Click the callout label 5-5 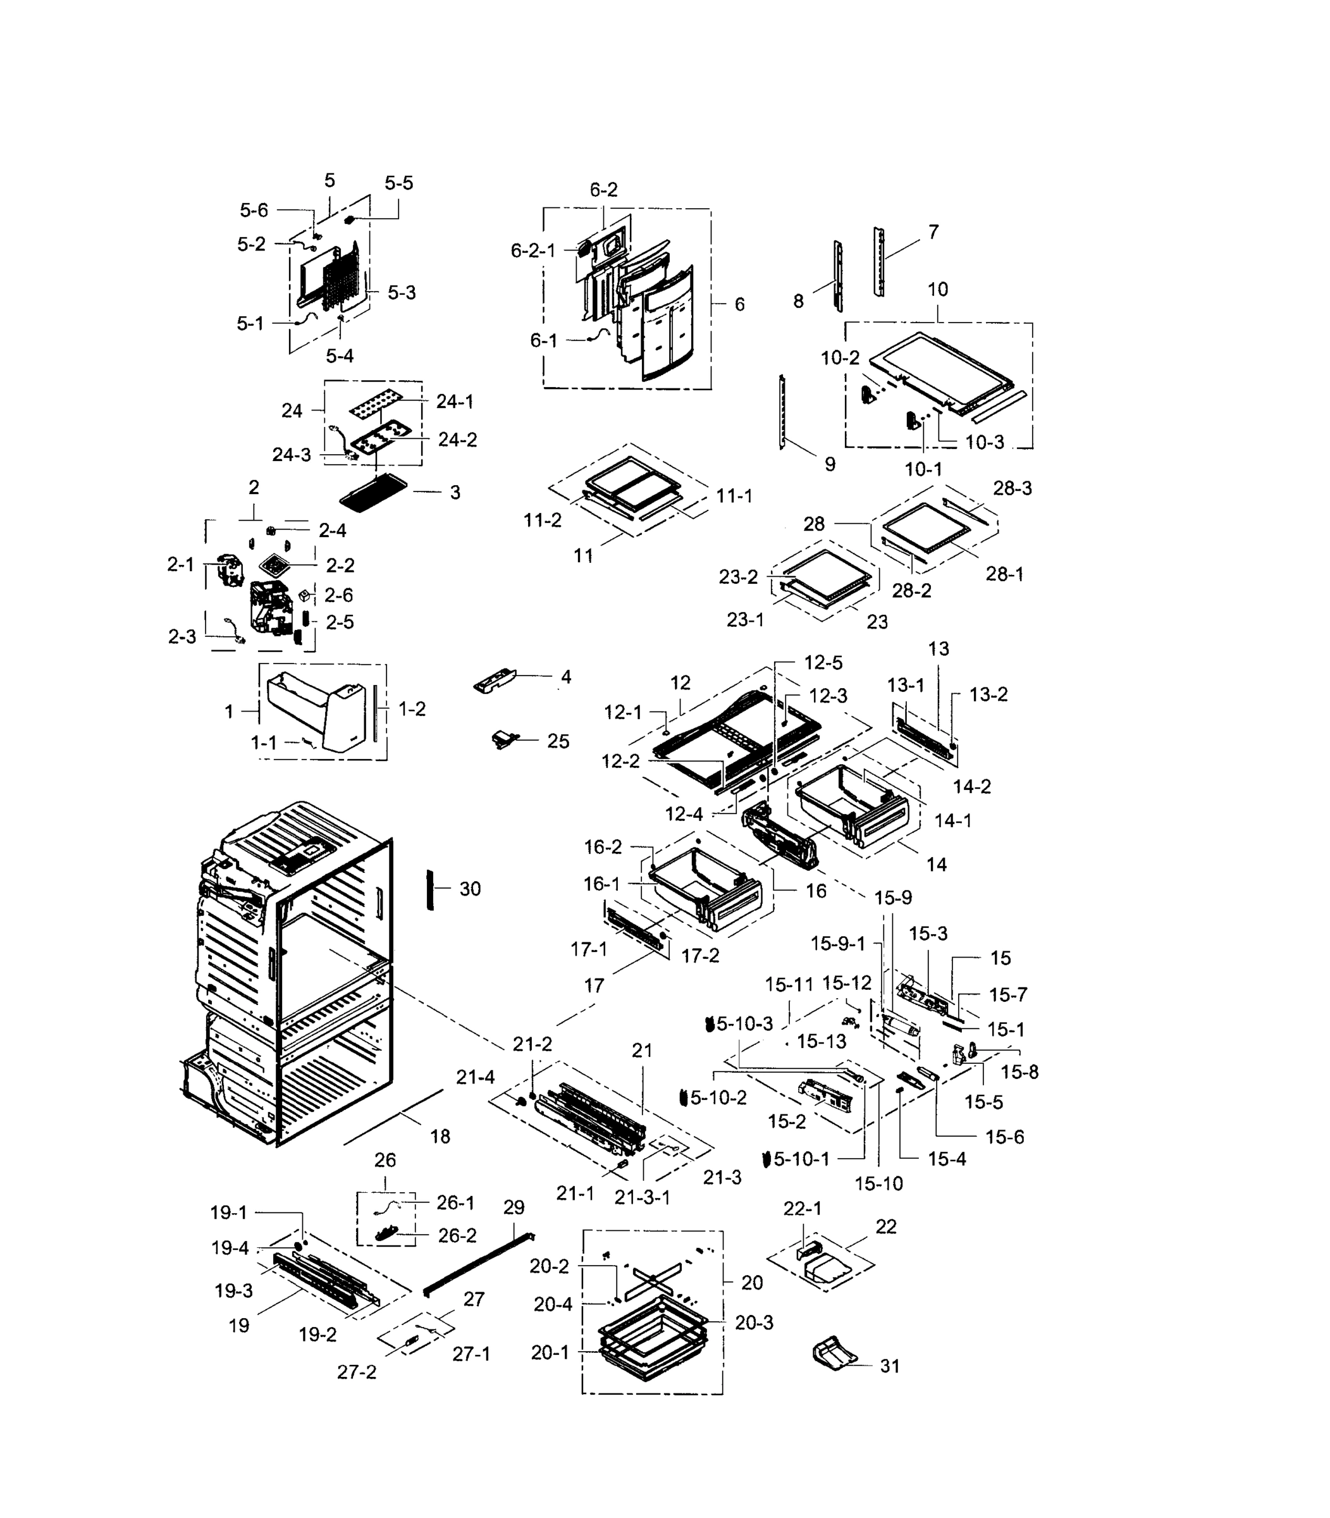coord(398,183)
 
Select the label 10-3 coord(984,442)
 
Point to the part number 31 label coord(889,1366)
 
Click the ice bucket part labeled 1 coord(316,711)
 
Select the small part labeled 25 coord(504,739)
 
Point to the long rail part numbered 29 coord(479,1263)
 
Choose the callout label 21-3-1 coord(642,1197)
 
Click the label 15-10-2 coord(717,1098)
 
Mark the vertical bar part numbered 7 coord(878,262)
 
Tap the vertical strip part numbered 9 coord(782,411)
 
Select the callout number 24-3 coord(291,455)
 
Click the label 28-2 coord(911,590)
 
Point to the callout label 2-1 coord(180,565)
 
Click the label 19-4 coord(230,1249)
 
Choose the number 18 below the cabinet coord(440,1137)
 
